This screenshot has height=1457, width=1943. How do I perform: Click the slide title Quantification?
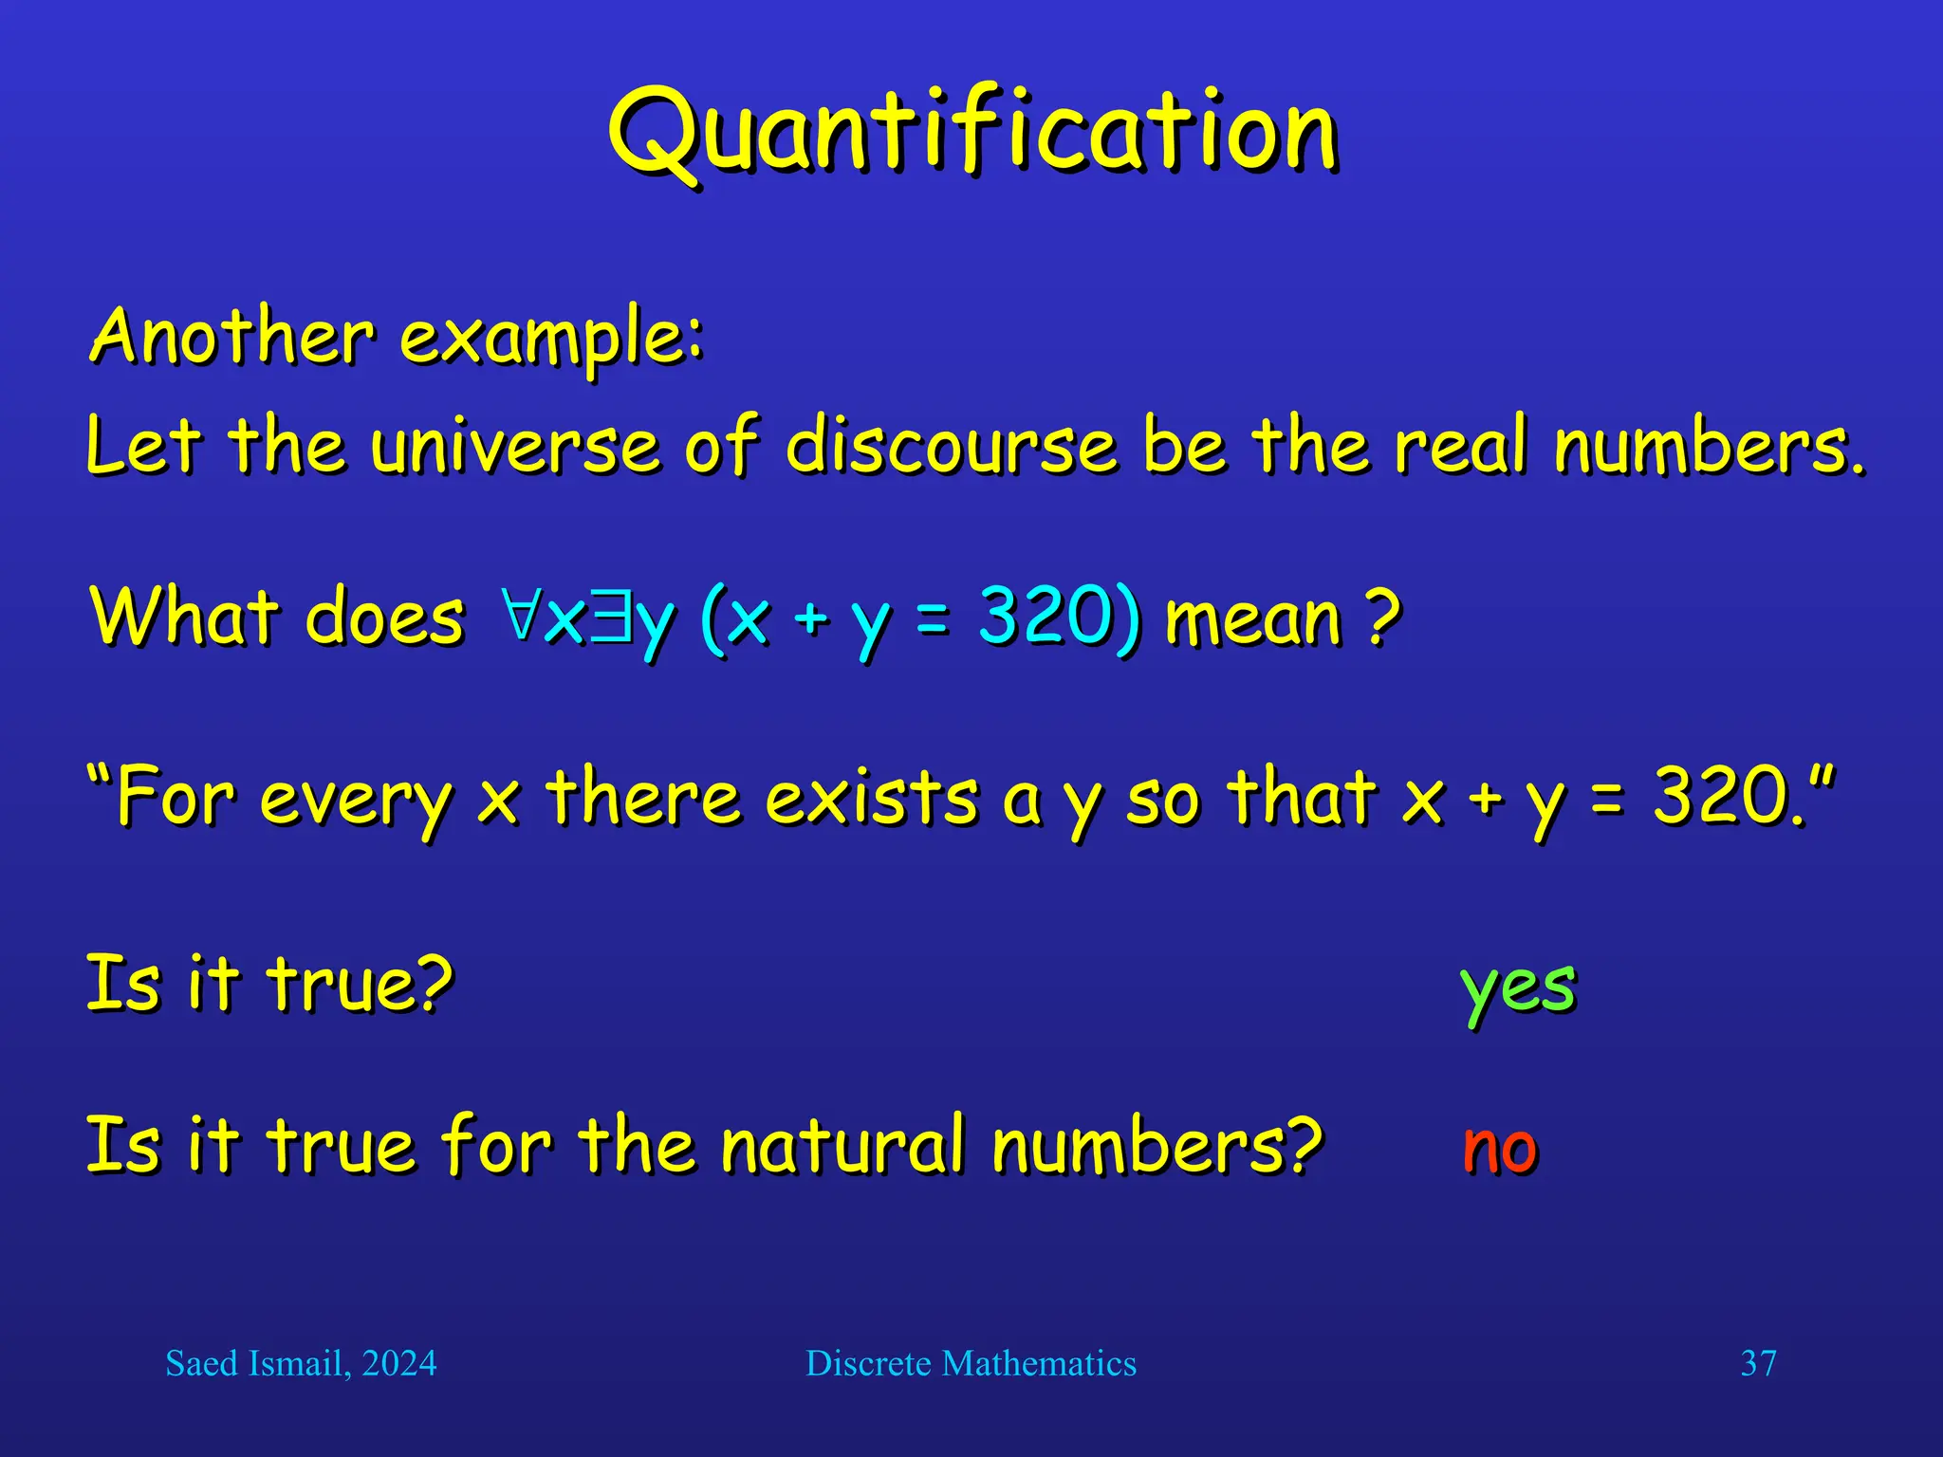[x=971, y=133]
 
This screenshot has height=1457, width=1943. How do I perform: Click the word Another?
[x=232, y=337]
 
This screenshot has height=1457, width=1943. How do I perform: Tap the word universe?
[x=513, y=446]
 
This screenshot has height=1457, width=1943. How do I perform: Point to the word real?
[x=1461, y=446]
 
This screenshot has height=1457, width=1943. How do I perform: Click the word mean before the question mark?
[x=1252, y=618]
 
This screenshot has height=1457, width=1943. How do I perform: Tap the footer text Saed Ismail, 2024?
[x=301, y=1364]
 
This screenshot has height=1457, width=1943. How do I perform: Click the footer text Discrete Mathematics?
[x=971, y=1364]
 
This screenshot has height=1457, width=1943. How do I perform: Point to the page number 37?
[x=1758, y=1364]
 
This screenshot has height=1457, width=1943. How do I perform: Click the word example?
[x=550, y=339]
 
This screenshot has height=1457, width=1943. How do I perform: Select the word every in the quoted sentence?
[x=356, y=799]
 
